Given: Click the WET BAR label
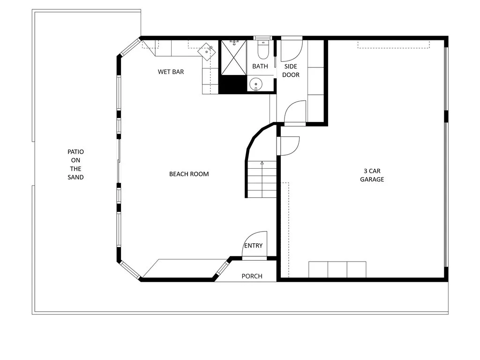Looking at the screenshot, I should click(x=171, y=72).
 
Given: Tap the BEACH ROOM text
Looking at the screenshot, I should click(x=189, y=174).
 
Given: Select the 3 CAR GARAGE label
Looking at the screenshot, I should click(x=372, y=175).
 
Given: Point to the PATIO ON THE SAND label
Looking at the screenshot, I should click(x=75, y=165).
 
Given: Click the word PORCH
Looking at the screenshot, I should click(x=252, y=276).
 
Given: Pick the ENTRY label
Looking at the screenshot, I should click(x=253, y=246).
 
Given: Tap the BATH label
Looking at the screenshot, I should click(x=260, y=66).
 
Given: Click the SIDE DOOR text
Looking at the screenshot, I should click(x=291, y=70).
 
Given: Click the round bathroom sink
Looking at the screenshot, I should click(x=256, y=84).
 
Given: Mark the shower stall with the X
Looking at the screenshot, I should click(x=233, y=57).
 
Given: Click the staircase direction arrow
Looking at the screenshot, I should click(x=262, y=163).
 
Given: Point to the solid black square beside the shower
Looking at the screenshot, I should click(x=232, y=84).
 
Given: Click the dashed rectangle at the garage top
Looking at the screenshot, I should click(x=393, y=44).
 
